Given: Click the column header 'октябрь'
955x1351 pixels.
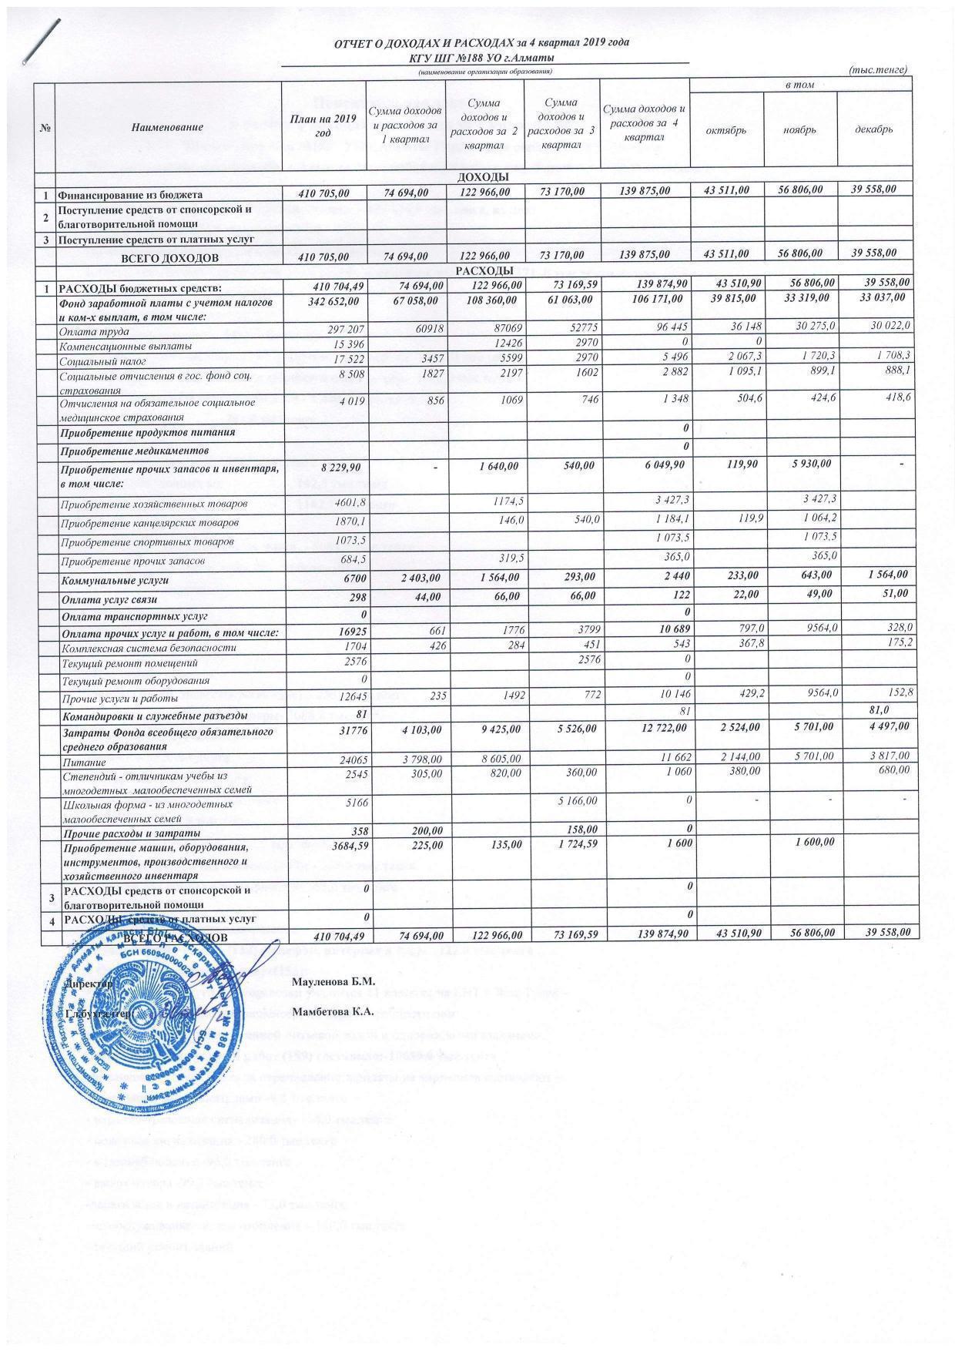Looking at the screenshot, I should click(x=726, y=130).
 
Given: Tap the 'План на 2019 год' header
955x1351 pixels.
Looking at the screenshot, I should click(x=322, y=124).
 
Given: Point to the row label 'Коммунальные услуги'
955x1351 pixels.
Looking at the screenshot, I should click(x=115, y=581).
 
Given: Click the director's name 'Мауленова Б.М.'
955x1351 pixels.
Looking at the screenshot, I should click(x=333, y=981).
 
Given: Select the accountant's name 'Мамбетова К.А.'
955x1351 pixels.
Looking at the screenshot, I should click(x=333, y=1012).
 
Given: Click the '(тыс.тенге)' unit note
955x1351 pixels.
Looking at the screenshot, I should click(x=877, y=70).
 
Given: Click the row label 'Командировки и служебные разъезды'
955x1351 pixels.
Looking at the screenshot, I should click(x=154, y=715).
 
